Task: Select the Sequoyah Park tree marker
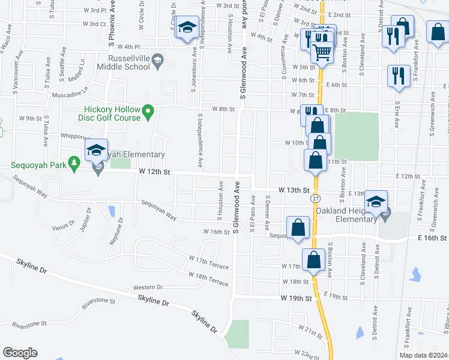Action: pyautogui.click(x=74, y=163)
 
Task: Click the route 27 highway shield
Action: pyautogui.click(x=316, y=198)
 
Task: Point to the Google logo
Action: pyautogui.click(x=20, y=353)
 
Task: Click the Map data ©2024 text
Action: pyautogui.click(x=423, y=355)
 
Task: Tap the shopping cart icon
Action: pyautogui.click(x=323, y=52)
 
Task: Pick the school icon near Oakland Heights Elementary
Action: pyautogui.click(x=376, y=202)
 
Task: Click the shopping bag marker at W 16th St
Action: pyautogui.click(x=298, y=228)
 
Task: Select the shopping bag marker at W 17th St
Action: pyautogui.click(x=313, y=260)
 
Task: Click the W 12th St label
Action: pyautogui.click(x=154, y=172)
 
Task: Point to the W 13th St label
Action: pyautogui.click(x=294, y=190)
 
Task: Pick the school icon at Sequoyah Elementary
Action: pyautogui.click(x=96, y=151)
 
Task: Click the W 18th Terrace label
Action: pyautogui.click(x=208, y=278)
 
